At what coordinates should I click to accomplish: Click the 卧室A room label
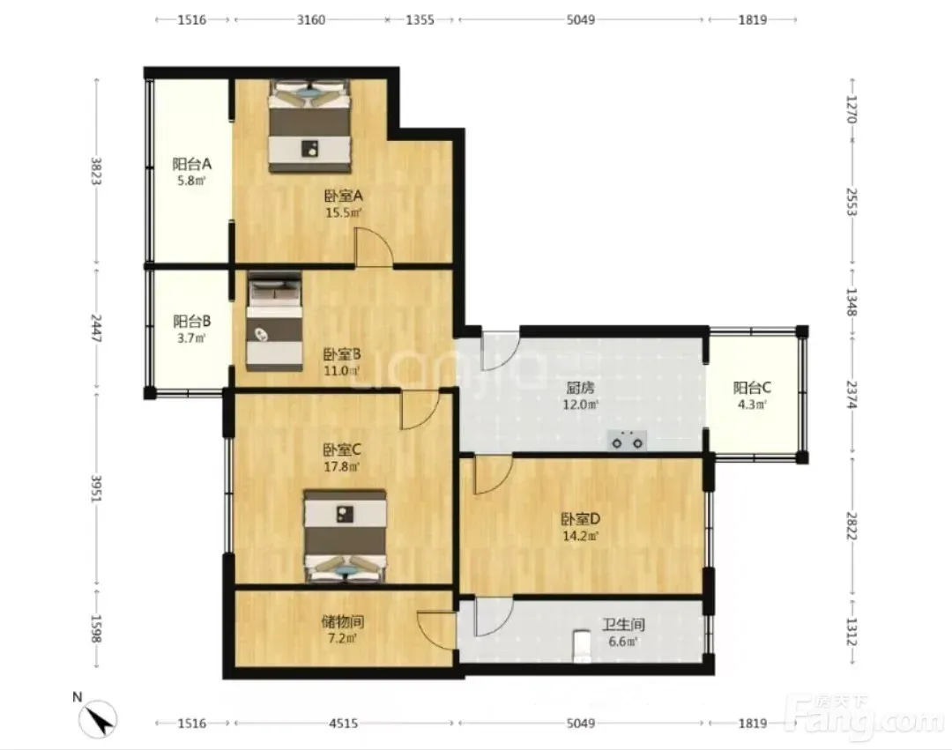click(x=343, y=196)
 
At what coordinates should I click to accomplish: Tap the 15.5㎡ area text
click(x=344, y=213)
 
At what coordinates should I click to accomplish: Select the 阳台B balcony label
click(x=192, y=321)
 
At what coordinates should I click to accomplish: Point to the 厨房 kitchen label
click(x=580, y=387)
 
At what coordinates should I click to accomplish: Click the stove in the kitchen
click(x=628, y=441)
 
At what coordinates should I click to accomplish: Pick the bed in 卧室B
click(x=274, y=321)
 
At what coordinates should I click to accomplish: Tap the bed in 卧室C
click(x=346, y=537)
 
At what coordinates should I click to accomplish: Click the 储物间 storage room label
click(x=343, y=622)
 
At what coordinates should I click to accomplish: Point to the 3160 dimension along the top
click(x=311, y=20)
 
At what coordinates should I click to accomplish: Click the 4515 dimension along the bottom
click(x=344, y=724)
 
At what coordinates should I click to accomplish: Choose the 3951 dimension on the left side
click(x=96, y=488)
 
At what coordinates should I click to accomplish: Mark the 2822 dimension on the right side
click(x=852, y=527)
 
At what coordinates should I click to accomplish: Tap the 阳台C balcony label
click(x=752, y=388)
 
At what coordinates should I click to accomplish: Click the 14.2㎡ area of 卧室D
click(x=580, y=537)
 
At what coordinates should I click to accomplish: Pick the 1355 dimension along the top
click(x=420, y=20)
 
